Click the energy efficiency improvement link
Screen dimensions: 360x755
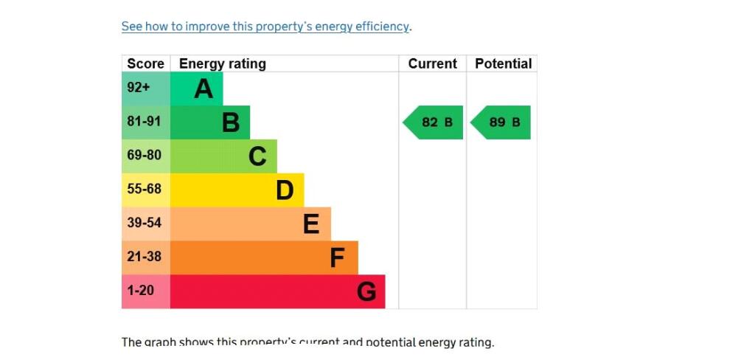tap(265, 27)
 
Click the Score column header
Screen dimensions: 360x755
tap(145, 63)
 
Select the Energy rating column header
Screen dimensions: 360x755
tap(222, 63)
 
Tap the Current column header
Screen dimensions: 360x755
tap(432, 63)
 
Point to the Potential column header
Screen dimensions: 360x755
tap(503, 63)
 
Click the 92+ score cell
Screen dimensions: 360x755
tap(139, 88)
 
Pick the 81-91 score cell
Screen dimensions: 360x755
tap(144, 122)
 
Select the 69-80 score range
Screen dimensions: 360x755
tap(144, 156)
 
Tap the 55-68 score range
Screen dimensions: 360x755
tap(144, 190)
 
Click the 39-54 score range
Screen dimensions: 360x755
tap(144, 223)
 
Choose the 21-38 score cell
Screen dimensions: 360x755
tap(144, 257)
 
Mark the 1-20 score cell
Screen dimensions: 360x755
tap(140, 291)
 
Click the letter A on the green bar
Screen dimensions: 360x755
tap(203, 89)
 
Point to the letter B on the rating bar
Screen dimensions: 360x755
tap(231, 122)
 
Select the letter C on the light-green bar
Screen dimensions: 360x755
tap(257, 156)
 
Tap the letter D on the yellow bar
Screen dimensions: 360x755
tap(285, 190)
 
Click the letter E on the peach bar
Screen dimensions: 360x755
tap(311, 224)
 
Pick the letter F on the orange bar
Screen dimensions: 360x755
tap(338, 258)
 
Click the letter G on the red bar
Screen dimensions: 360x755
tap(366, 292)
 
